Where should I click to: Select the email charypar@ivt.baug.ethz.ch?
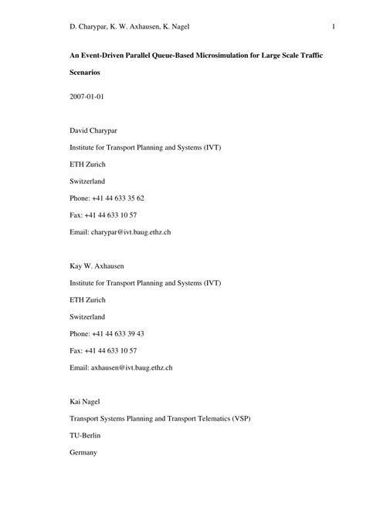click(131, 231)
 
